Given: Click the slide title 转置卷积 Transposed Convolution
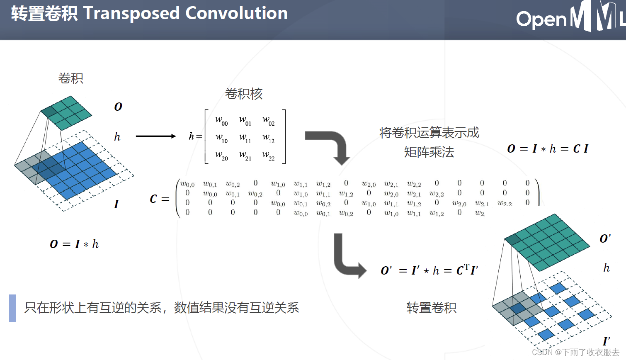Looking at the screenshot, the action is tap(149, 14).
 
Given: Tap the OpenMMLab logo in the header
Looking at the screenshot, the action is tap(570, 17).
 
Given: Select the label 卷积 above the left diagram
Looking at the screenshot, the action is tap(71, 78).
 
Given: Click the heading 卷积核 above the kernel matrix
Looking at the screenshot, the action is tap(244, 94).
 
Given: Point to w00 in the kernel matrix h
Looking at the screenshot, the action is tap(221, 121).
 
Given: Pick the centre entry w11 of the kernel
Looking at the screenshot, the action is tap(245, 138).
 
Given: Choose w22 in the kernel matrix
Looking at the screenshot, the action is tap(269, 156).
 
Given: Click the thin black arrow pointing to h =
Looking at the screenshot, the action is tap(156, 136).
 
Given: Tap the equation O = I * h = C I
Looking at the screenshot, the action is tap(548, 148).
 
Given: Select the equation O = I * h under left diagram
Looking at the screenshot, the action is tap(74, 244).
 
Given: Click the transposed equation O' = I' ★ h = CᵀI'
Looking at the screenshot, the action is tap(429, 270).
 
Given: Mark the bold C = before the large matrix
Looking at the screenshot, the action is tap(159, 199).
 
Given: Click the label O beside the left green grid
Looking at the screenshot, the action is tap(118, 107).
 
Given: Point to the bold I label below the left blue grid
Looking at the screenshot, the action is tap(116, 204).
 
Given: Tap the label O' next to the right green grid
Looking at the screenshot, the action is tap(605, 238).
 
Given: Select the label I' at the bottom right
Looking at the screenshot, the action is tap(606, 341).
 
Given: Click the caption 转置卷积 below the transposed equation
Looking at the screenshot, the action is tap(431, 308).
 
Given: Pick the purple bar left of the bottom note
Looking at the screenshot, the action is tap(12, 308).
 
